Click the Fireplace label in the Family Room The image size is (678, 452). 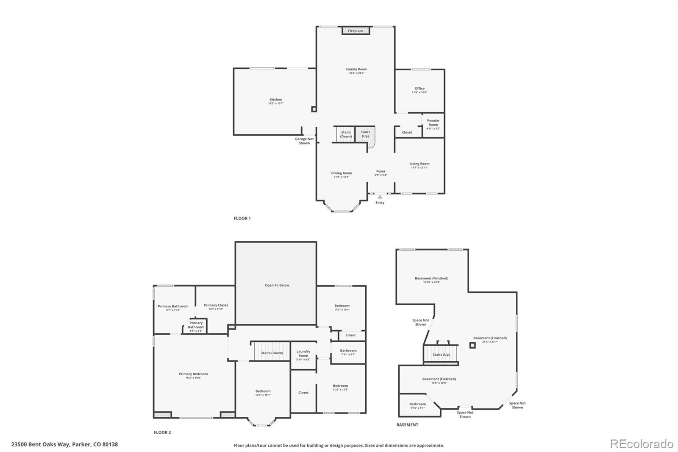pyautogui.click(x=356, y=31)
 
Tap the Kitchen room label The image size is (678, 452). pyautogui.click(x=276, y=100)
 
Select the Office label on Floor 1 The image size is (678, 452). pyautogui.click(x=420, y=89)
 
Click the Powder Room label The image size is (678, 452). pyautogui.click(x=433, y=123)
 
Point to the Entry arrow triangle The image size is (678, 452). pyautogui.click(x=380, y=197)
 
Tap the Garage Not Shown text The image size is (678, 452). pyautogui.click(x=304, y=141)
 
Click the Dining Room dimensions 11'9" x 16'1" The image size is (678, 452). pyautogui.click(x=342, y=177)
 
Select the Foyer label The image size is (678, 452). pyautogui.click(x=381, y=171)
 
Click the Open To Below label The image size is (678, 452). pyautogui.click(x=277, y=285)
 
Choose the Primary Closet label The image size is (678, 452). pyautogui.click(x=216, y=305)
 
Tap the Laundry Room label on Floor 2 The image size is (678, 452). pyautogui.click(x=303, y=353)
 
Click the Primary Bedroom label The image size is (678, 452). pyautogui.click(x=193, y=374)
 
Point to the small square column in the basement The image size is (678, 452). pyautogui.click(x=472, y=346)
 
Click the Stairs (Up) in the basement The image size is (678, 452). pyautogui.click(x=441, y=354)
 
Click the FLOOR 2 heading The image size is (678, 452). pyautogui.click(x=162, y=432)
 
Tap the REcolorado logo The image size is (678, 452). pyautogui.click(x=642, y=444)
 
